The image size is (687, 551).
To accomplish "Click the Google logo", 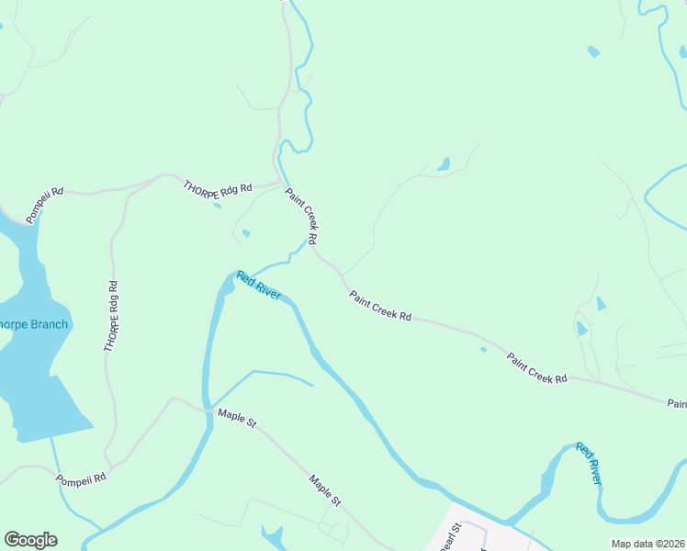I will (30, 540).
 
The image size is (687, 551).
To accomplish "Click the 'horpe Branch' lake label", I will (33, 324).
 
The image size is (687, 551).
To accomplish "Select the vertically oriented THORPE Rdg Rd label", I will (112, 316).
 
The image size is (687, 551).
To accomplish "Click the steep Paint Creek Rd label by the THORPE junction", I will (301, 216).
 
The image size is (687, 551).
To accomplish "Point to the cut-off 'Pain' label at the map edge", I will (677, 403).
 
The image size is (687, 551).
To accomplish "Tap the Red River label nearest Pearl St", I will (590, 463).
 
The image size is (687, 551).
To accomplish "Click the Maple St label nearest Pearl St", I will (325, 490).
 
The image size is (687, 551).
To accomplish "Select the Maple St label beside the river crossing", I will (237, 419).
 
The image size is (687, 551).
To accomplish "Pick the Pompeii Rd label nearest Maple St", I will (81, 478).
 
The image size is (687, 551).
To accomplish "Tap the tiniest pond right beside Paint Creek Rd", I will (483, 349).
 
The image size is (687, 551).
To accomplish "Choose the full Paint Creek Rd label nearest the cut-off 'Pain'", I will (537, 366).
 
